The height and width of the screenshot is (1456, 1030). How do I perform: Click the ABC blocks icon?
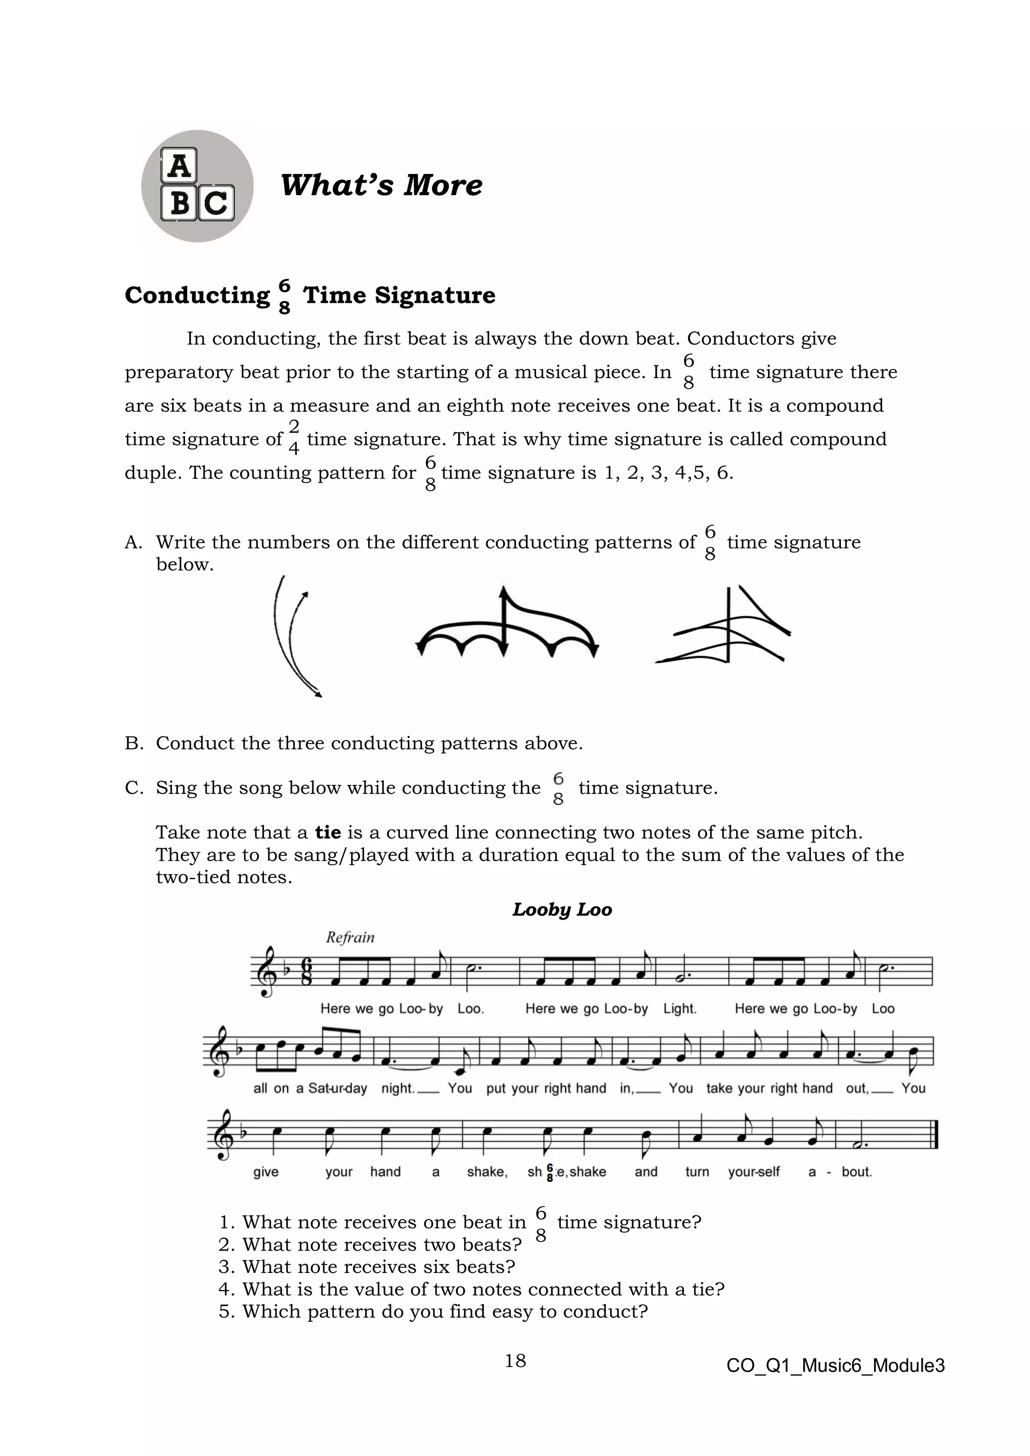197,186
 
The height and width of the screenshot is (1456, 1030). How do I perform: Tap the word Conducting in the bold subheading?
197,296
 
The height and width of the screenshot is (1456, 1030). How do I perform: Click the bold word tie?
328,832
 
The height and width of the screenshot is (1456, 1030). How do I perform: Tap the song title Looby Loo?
561,909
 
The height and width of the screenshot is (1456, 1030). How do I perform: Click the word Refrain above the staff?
350,937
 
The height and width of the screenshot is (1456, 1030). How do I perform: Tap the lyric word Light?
679,1009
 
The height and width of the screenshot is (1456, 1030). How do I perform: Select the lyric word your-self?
753,1171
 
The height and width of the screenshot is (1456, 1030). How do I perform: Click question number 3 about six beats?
367,1266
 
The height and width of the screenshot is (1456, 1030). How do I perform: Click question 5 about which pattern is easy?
433,1311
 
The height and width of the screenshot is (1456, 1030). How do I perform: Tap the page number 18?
515,1360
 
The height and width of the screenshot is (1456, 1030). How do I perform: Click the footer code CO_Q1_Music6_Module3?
835,1366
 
